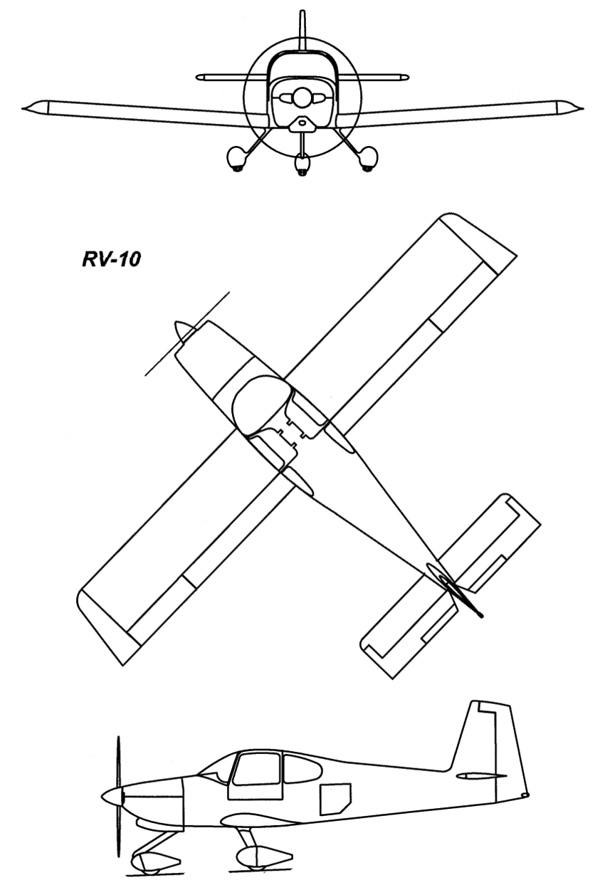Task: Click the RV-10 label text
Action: point(111,259)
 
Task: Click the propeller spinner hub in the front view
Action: point(302,98)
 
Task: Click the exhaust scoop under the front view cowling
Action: point(302,125)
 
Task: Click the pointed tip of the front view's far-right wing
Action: point(584,108)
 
